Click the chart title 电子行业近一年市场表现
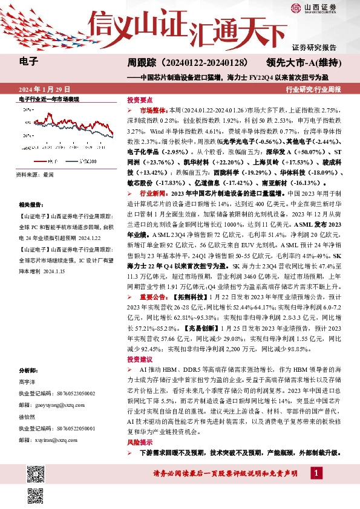49,99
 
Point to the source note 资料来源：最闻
35,173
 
